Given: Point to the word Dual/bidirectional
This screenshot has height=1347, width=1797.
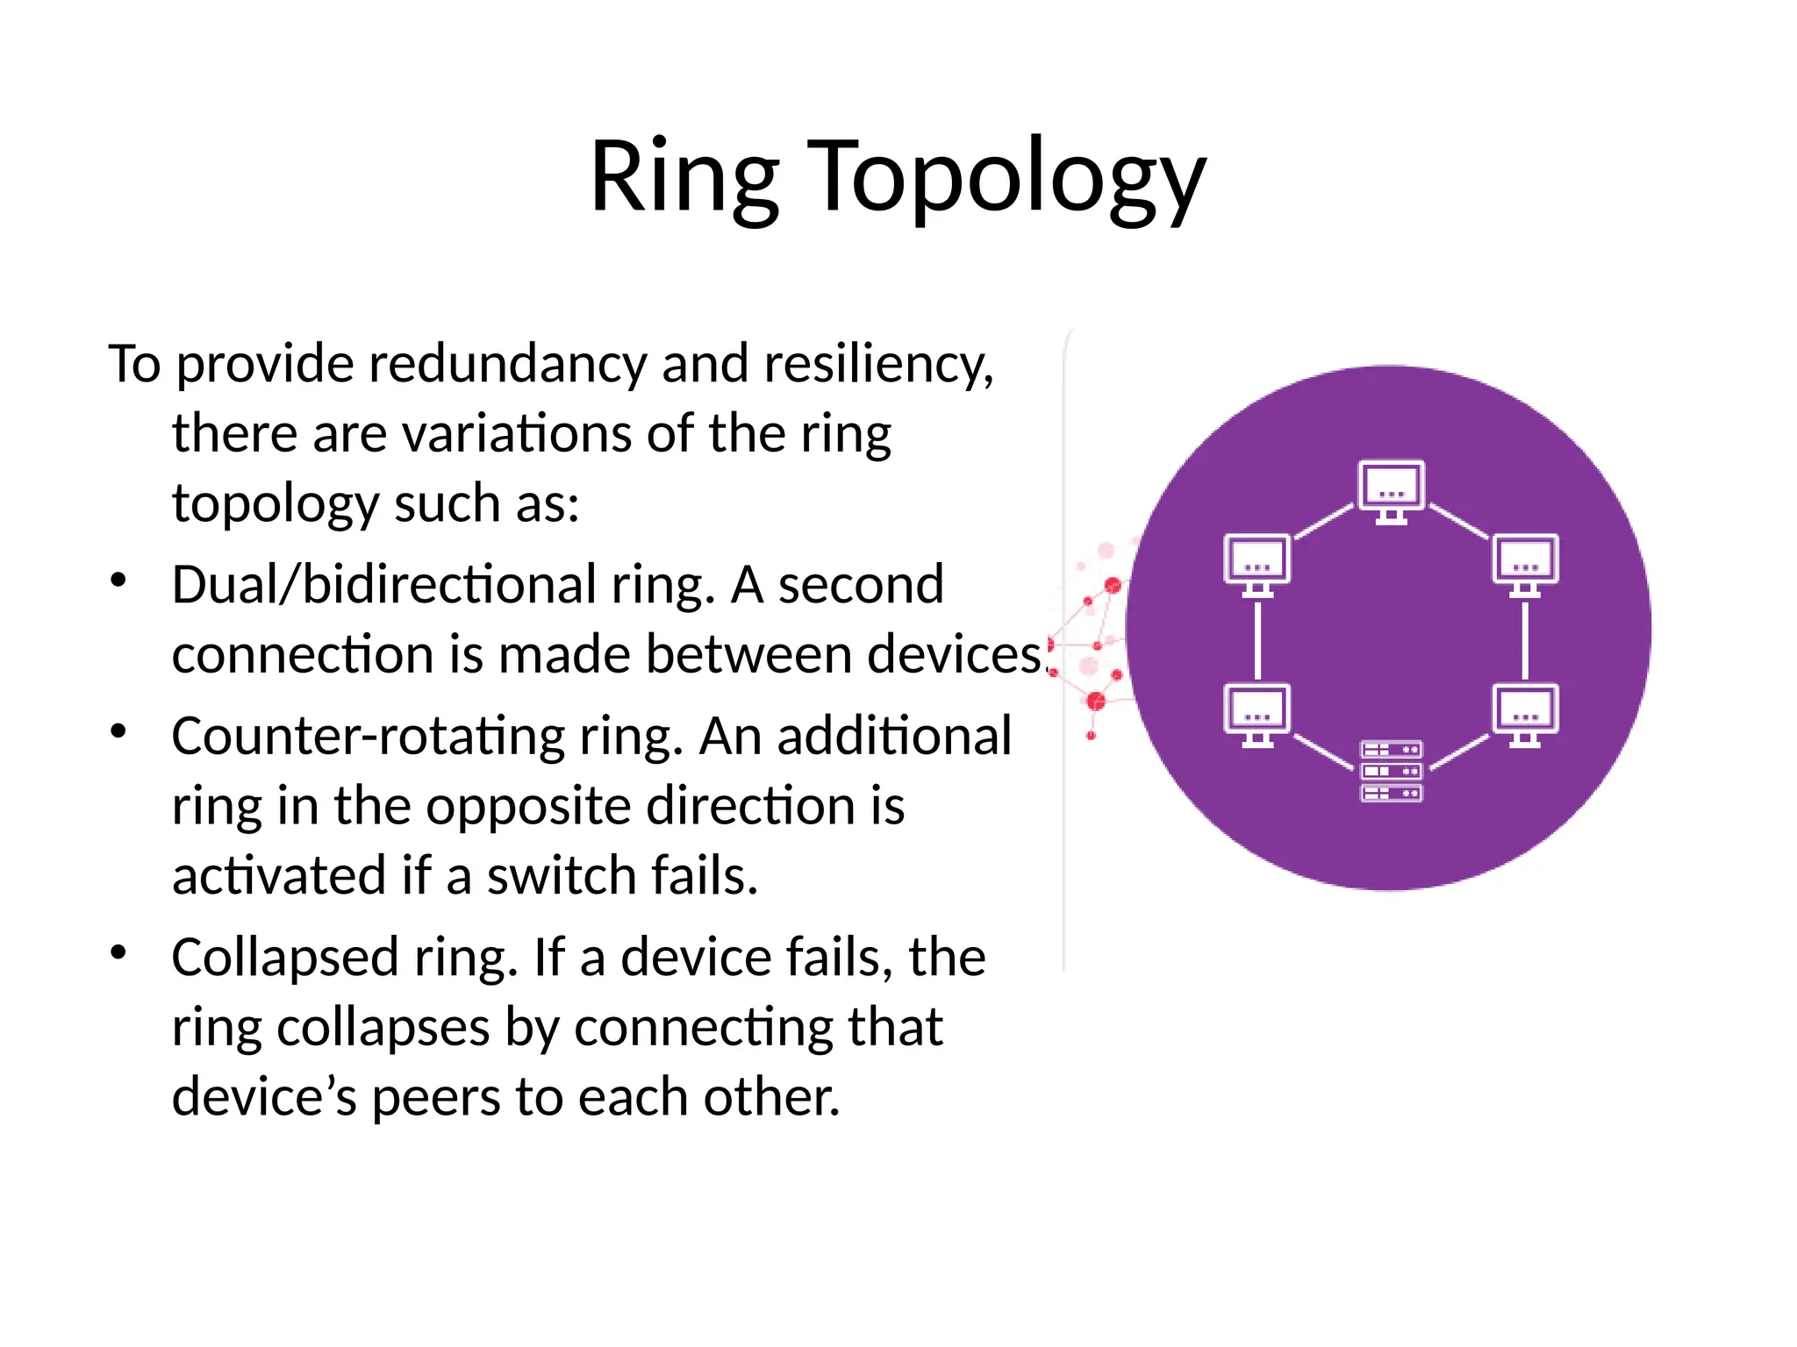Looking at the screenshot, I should [383, 585].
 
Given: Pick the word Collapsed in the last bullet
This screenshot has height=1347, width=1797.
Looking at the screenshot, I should [284, 958].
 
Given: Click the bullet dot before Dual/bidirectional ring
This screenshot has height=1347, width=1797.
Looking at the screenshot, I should [119, 580].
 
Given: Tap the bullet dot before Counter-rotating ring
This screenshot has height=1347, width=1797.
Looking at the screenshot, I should [119, 731].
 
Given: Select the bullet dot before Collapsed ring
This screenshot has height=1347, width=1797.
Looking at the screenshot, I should [119, 951].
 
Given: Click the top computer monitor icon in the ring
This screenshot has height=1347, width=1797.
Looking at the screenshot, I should [1391, 491].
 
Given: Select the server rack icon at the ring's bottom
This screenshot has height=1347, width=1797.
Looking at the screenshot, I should [1391, 771].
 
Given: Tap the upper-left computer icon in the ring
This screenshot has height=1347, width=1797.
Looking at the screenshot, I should [1256, 565].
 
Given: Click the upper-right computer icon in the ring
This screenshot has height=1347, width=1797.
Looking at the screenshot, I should [1525, 565].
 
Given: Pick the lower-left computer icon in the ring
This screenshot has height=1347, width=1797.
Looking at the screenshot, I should [1256, 715].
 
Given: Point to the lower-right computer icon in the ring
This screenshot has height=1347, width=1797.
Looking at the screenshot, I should [1525, 715].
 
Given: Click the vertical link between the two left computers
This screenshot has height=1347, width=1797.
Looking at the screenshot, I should [1257, 640].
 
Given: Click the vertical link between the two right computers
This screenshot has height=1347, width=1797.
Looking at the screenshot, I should [1525, 640].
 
